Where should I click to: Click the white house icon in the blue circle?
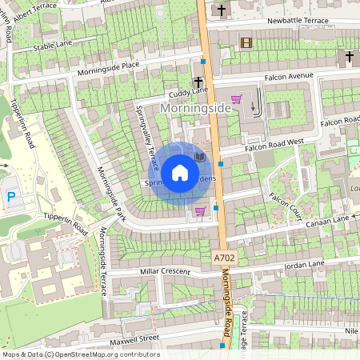pyautogui.click(x=180, y=173)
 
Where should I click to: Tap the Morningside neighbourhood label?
pyautogui.click(x=196, y=106)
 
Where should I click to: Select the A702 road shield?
pyautogui.click(x=226, y=258)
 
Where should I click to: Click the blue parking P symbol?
pyautogui.click(x=11, y=197)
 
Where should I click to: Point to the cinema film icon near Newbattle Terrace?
pyautogui.click(x=246, y=42)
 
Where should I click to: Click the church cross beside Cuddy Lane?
pyautogui.click(x=198, y=82)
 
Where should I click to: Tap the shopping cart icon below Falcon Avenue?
pyautogui.click(x=236, y=99)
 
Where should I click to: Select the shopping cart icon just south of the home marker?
pyautogui.click(x=199, y=211)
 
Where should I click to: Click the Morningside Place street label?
pyautogui.click(x=108, y=66)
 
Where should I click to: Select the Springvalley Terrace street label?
pyautogui.click(x=144, y=137)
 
